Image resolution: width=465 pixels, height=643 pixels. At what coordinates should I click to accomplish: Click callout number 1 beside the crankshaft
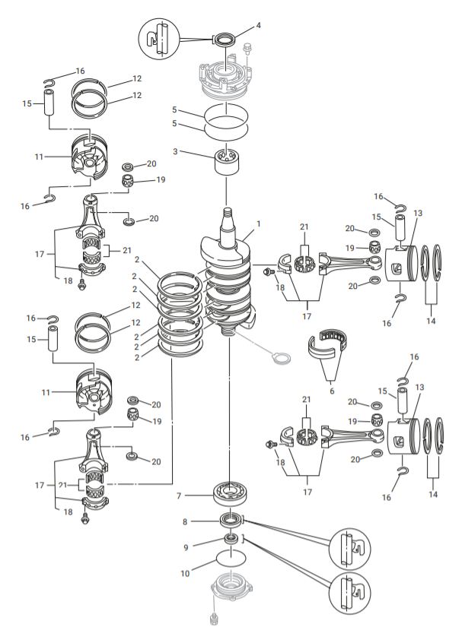click(259, 224)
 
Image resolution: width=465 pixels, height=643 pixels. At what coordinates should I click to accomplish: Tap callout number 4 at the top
click(259, 25)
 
